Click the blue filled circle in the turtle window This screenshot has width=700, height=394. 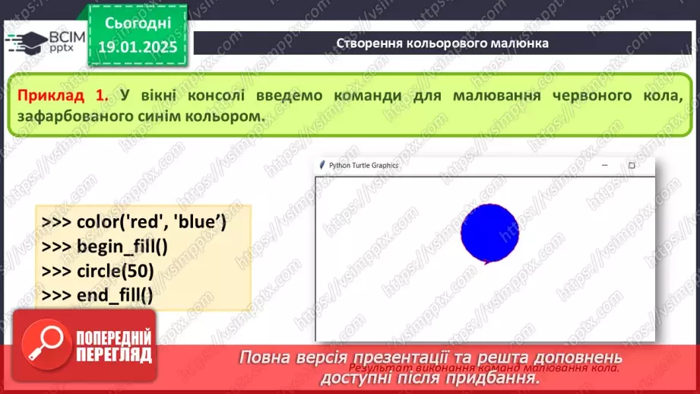[489, 232]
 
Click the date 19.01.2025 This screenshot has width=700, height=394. [137, 46]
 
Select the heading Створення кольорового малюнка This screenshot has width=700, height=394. [442, 43]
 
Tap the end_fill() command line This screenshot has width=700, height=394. [107, 295]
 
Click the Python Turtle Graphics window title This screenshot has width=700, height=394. [363, 165]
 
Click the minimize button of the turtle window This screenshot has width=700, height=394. [605, 165]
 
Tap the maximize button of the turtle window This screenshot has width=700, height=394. [631, 165]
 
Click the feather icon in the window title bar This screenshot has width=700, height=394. [322, 165]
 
